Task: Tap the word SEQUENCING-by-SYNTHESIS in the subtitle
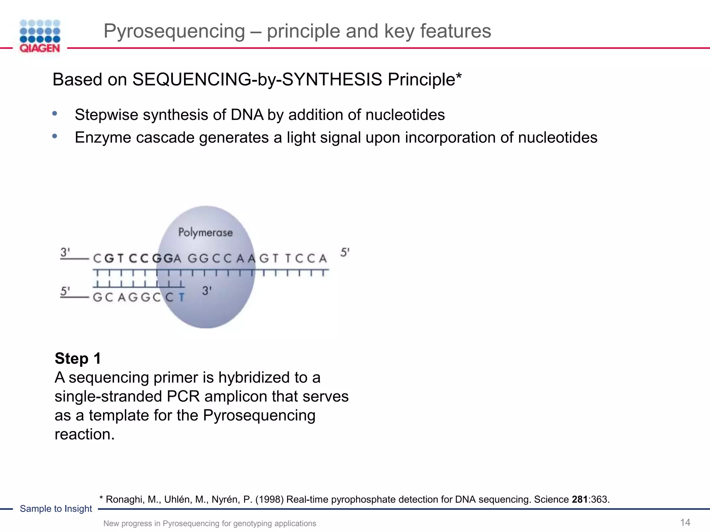coord(257,79)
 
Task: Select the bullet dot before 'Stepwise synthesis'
coord(55,113)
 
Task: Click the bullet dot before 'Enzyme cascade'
coord(55,136)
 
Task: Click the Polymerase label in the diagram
coord(205,232)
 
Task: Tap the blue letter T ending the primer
coord(182,297)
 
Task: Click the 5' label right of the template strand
coord(345,252)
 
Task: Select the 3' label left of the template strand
coord(65,252)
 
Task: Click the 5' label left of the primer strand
coord(65,291)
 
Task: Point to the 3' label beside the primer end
coord(207,291)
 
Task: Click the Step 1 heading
coord(78,358)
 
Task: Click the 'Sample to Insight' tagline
coord(56,508)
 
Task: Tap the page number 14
coord(685,522)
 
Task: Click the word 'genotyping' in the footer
coord(252,523)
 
